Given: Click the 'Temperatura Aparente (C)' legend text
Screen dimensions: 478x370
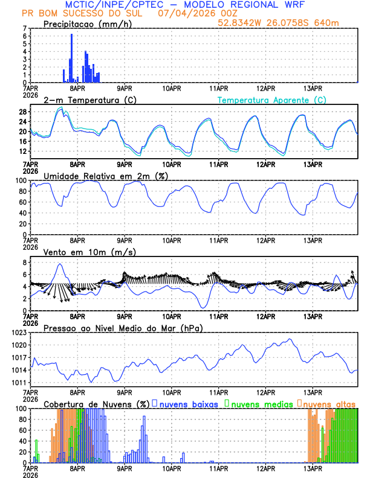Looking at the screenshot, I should click(271, 100).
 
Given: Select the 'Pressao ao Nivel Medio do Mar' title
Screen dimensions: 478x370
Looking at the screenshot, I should click(123, 328).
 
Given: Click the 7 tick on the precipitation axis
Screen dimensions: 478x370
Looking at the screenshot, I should click(25, 28).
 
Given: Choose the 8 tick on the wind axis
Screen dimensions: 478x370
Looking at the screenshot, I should click(25, 263).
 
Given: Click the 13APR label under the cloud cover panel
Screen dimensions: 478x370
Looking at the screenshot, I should click(313, 468).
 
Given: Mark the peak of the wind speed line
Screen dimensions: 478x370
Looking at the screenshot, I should click(59, 264).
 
